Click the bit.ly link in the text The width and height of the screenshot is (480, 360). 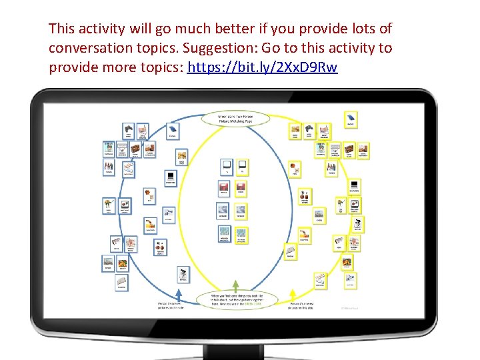coord(263,67)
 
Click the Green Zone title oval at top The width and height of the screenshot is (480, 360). coord(243,119)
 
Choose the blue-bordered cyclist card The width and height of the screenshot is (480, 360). coord(182,274)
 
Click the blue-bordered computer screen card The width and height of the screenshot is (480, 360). coord(171,177)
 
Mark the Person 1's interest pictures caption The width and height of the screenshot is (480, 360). coord(168,305)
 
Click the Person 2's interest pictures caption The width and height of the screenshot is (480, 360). coord(301,305)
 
